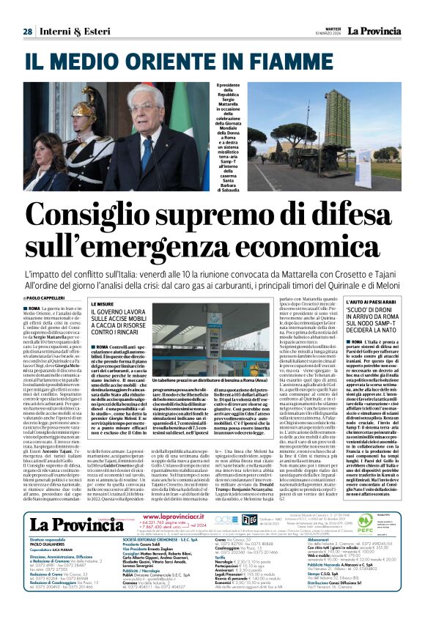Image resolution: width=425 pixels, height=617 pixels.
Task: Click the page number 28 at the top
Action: [27, 32]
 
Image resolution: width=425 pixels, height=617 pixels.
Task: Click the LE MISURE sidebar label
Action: [102, 303]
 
